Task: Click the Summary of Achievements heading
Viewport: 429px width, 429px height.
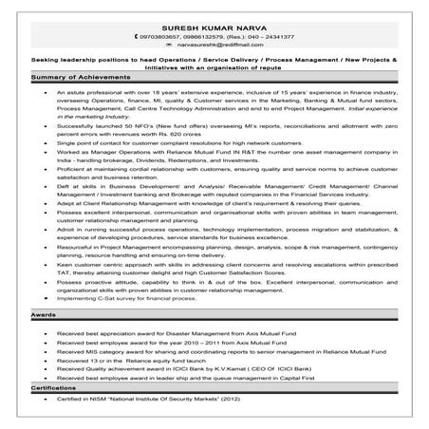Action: coord(74,75)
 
